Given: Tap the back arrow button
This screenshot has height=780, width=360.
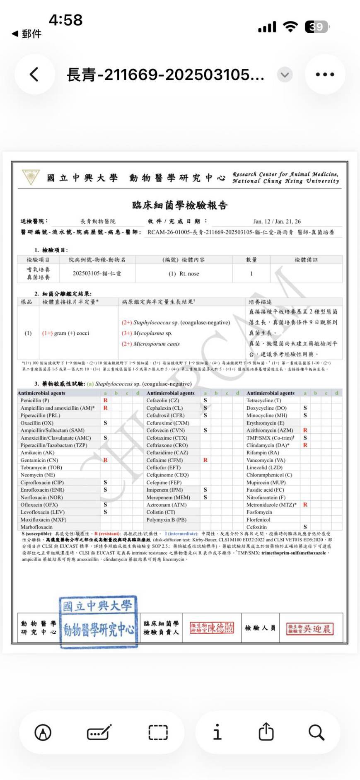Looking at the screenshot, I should [x=34, y=75].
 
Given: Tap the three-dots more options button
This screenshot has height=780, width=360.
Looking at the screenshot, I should [x=325, y=75].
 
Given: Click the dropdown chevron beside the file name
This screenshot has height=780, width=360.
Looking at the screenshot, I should [x=284, y=75].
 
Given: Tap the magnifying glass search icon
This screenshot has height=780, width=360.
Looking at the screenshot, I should [x=316, y=732].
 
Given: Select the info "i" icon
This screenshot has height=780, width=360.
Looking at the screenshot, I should [x=217, y=732].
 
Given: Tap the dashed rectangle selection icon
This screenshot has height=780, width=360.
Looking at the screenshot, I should [x=158, y=732].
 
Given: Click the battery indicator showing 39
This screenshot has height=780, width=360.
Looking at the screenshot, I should [x=317, y=27].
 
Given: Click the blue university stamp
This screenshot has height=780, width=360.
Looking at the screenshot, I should [x=98, y=621].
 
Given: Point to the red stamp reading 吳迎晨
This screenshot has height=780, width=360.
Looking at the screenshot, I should [x=309, y=629].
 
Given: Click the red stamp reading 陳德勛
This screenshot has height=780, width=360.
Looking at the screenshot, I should [x=212, y=628].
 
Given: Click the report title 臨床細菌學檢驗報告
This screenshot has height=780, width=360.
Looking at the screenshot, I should [x=180, y=205].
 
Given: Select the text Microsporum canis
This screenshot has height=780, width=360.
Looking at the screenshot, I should [x=157, y=344].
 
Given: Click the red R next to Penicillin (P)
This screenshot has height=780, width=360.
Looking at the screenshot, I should [x=105, y=401].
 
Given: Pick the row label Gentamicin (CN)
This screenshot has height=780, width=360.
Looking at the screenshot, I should [x=39, y=460].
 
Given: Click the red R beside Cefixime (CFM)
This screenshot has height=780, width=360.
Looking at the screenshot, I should [x=205, y=460].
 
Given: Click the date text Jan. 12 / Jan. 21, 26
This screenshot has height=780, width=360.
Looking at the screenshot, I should [x=277, y=221].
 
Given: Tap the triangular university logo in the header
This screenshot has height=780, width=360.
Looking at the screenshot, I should [x=31, y=177].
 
